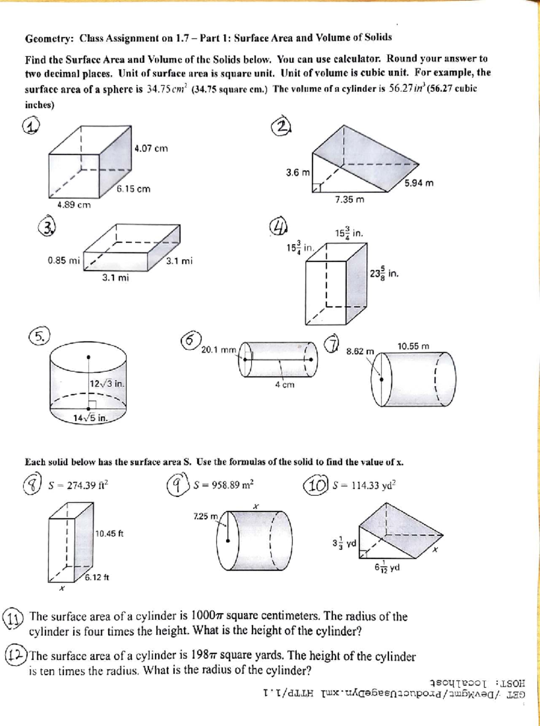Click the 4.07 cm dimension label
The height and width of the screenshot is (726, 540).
pos(151,148)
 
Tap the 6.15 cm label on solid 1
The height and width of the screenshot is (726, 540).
pos(134,189)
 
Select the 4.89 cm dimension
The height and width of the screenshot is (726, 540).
pos(74,205)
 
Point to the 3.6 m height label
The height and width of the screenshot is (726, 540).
pos(298,172)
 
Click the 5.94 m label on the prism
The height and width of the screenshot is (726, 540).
pos(418,183)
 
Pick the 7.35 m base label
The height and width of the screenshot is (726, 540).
pos(350,200)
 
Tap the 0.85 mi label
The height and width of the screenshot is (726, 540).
pos(64,260)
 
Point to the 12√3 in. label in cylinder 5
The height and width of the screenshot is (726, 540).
pos(107,384)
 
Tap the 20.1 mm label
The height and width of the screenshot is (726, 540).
pos(219,349)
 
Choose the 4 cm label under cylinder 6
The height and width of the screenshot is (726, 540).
pos(285,385)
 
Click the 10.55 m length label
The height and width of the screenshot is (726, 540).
pos(413,346)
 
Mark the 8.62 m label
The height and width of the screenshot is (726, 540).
pos(360,351)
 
